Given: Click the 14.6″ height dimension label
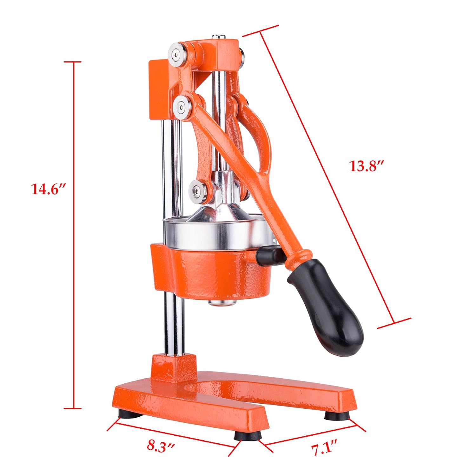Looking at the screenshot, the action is click(x=48, y=189).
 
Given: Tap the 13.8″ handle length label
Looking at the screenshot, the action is click(x=367, y=166).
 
